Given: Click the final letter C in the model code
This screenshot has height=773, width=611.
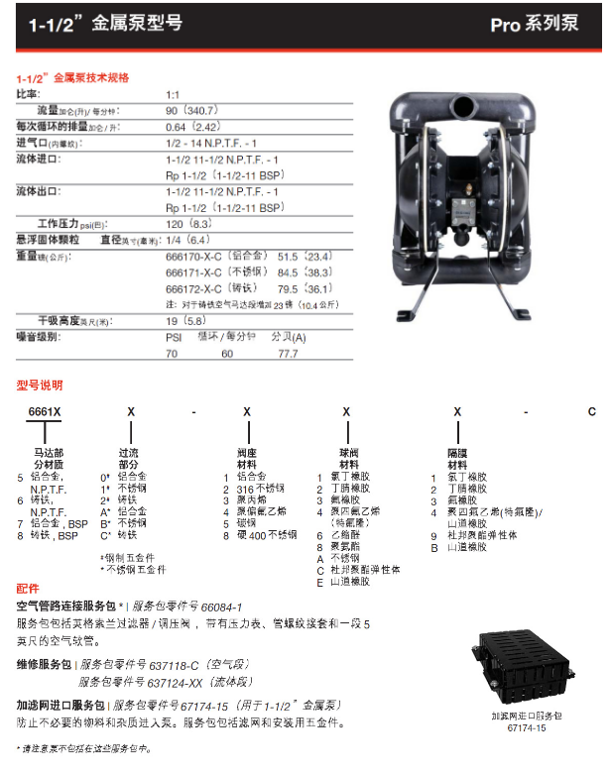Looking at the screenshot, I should coord(592,410).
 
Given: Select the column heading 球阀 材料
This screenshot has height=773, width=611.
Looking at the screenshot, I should coord(348,458).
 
